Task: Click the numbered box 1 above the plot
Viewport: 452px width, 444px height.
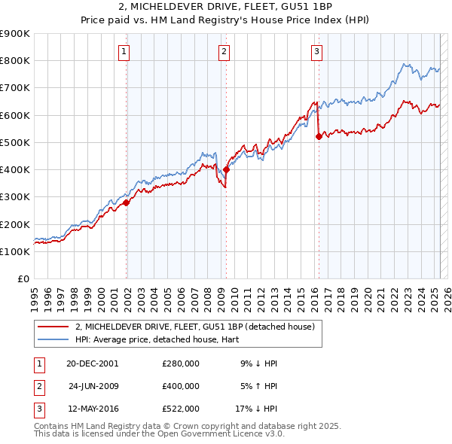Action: point(124,52)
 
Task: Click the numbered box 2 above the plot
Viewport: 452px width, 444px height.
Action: point(224,52)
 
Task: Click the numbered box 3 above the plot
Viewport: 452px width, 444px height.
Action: point(316,52)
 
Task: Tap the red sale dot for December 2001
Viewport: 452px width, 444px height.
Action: point(127,202)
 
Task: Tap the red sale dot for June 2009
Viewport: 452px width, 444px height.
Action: point(226,169)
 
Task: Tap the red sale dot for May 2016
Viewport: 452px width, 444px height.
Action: point(319,136)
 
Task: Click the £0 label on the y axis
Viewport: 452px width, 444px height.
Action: point(23,278)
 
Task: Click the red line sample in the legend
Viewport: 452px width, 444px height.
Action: point(53,327)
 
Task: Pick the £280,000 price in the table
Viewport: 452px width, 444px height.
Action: point(181,363)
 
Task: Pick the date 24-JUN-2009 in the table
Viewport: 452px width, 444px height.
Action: point(93,386)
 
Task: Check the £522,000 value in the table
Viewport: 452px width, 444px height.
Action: point(181,409)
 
